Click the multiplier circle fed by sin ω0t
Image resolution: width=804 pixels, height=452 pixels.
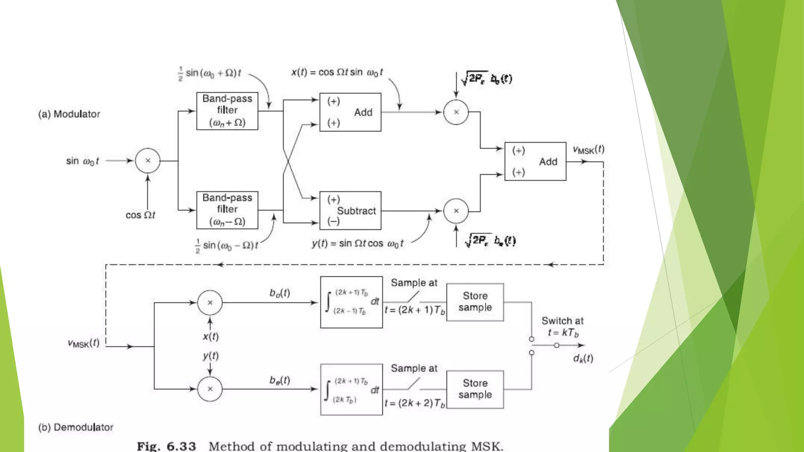148,160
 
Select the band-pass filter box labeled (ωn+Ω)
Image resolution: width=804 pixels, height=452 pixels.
227,111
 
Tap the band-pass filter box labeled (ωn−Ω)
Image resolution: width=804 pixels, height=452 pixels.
227,210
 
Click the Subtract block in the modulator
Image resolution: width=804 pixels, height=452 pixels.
350,211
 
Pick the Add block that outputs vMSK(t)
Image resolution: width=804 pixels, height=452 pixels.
535,161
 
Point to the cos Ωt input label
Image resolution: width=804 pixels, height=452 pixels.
140,215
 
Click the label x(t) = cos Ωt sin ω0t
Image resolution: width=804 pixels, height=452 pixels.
337,73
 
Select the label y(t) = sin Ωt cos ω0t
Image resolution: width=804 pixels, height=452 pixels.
358,244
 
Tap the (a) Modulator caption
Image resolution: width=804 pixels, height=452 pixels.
69,114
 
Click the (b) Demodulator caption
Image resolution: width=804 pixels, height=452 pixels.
76,427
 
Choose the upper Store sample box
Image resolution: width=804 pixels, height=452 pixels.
475,302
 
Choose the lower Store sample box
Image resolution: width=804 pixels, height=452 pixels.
475,389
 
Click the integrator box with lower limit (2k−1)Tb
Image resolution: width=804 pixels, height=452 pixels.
351,302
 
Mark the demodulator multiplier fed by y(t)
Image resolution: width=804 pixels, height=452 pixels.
210,389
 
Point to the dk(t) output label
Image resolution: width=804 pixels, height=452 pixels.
583,358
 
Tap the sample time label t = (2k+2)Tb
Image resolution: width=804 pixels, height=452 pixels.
415,403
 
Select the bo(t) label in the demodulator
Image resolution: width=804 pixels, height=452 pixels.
280,293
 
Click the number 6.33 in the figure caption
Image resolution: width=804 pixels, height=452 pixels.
181,446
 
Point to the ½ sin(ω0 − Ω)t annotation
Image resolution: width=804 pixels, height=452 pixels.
227,246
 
